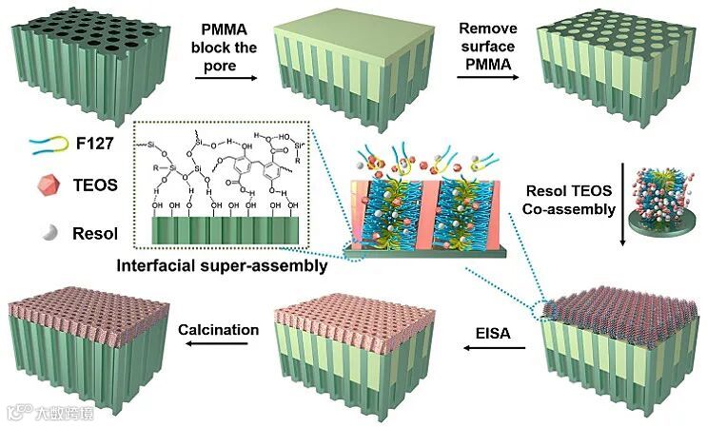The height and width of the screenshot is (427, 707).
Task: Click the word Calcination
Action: [x=219, y=330]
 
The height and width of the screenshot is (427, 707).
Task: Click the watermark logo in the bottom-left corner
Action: [x=16, y=412]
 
